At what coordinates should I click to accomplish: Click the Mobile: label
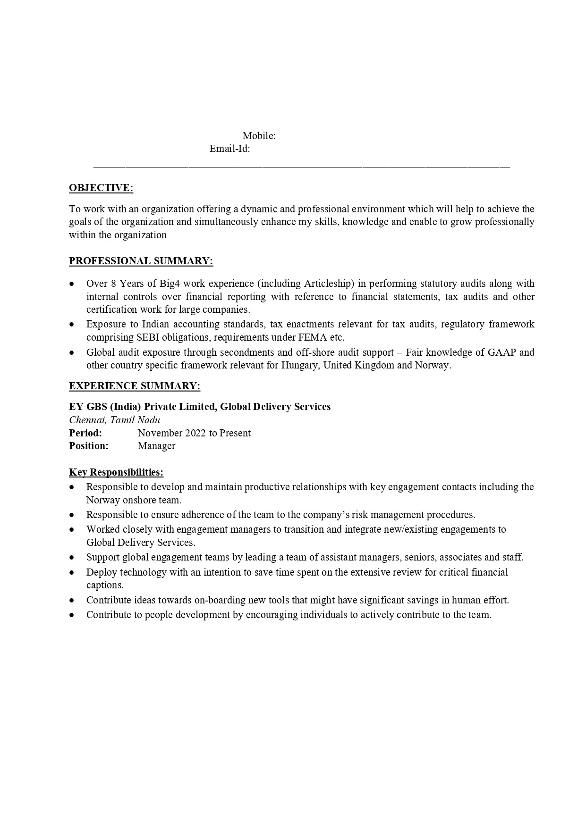tap(259, 136)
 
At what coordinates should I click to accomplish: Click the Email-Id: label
tap(229, 149)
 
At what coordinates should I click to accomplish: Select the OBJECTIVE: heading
tap(101, 188)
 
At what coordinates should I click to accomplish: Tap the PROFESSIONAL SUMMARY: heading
tap(141, 261)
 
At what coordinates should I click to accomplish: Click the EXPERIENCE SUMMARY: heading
tap(135, 386)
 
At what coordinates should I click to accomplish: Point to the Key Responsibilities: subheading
tap(116, 472)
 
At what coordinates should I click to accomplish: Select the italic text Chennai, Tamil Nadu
tap(114, 420)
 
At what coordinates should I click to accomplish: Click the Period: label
tap(85, 433)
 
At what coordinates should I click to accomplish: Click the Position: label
tap(89, 446)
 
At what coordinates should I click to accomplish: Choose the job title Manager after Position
tap(156, 446)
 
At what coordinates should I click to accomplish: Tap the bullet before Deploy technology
tap(71, 572)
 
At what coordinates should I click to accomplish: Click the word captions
tap(105, 585)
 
